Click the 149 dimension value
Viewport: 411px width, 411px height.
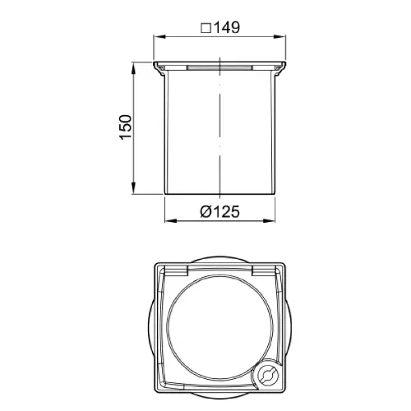tap(227, 27)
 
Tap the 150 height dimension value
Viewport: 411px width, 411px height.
tap(126, 127)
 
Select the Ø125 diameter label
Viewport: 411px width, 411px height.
tap(219, 211)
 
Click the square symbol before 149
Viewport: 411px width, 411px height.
tap(205, 28)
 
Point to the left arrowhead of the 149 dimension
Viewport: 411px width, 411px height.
tap(159, 37)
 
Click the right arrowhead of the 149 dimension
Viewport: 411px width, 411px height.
tap(279, 37)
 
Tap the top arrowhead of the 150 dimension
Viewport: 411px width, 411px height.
tap(133, 68)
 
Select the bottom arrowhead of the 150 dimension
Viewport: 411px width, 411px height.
tap(133, 188)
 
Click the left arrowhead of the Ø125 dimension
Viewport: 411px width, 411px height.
tap(171, 220)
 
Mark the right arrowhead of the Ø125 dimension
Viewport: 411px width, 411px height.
tap(269, 220)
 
